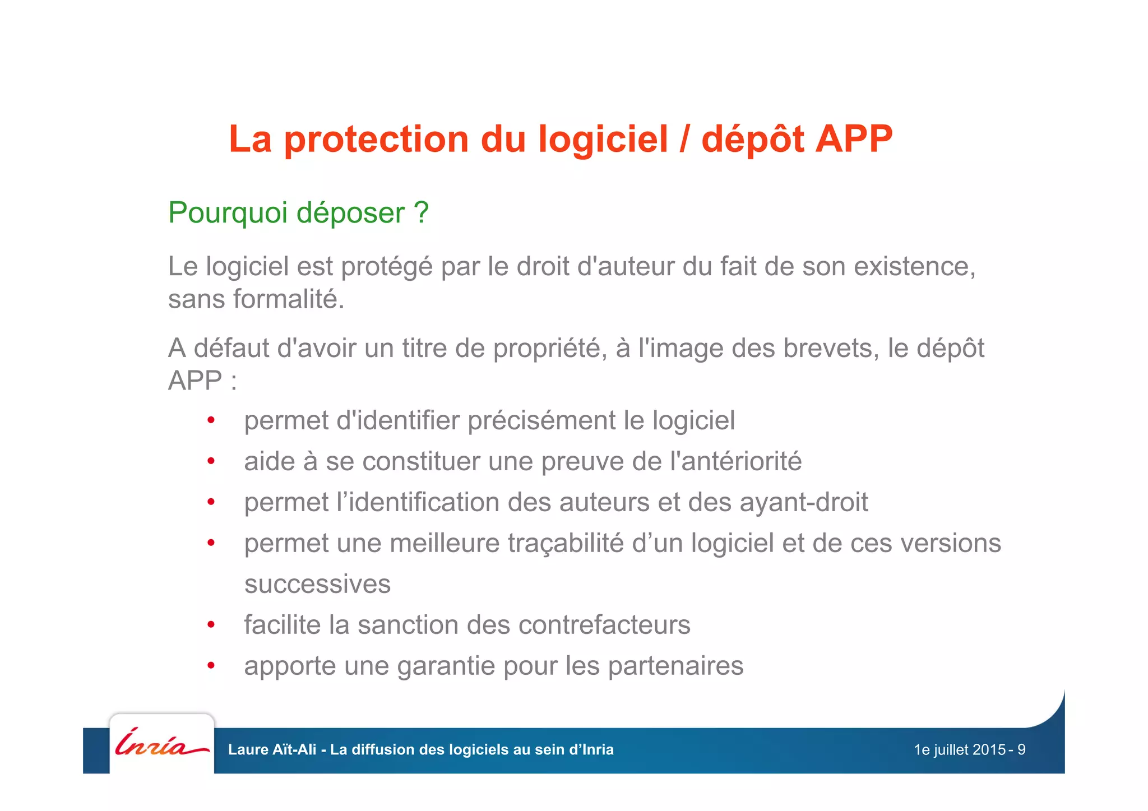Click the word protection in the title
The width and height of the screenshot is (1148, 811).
click(376, 140)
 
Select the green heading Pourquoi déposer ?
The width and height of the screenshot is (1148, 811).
click(298, 213)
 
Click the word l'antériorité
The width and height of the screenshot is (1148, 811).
click(735, 462)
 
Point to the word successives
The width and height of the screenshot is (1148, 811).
click(317, 584)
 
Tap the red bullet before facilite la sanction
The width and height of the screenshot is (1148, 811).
click(211, 625)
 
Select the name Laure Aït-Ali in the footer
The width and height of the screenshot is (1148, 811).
click(272, 750)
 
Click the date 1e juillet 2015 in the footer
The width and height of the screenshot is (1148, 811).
click(959, 750)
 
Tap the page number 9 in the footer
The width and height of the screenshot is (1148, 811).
click(1021, 750)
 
